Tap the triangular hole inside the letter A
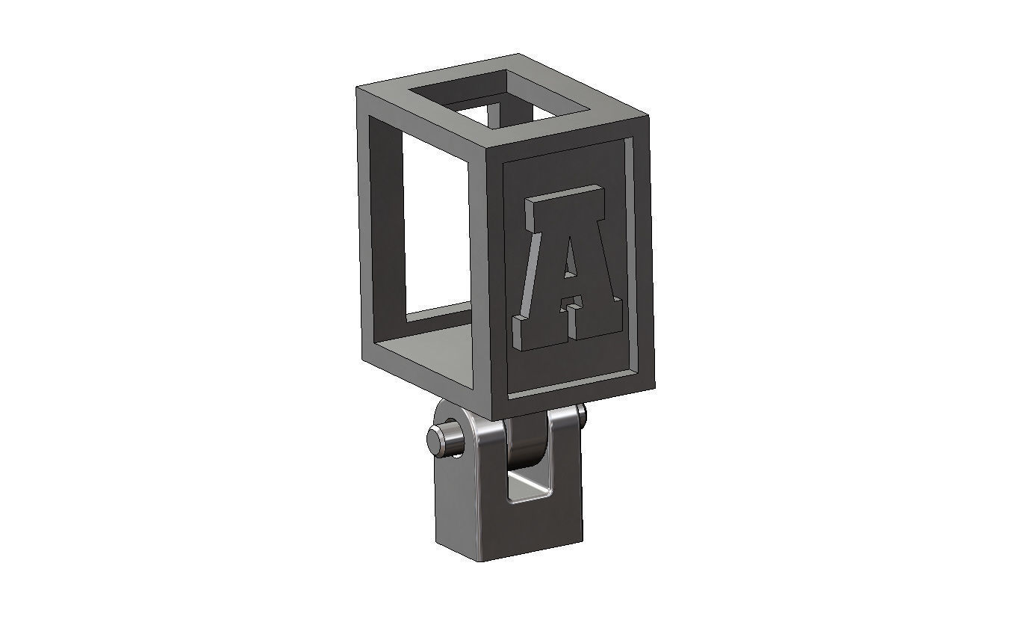pyautogui.click(x=570, y=258)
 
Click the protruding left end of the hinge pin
pyautogui.click(x=435, y=440)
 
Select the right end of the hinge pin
pyautogui.click(x=581, y=413)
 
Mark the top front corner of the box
pyautogui.click(x=487, y=148)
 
